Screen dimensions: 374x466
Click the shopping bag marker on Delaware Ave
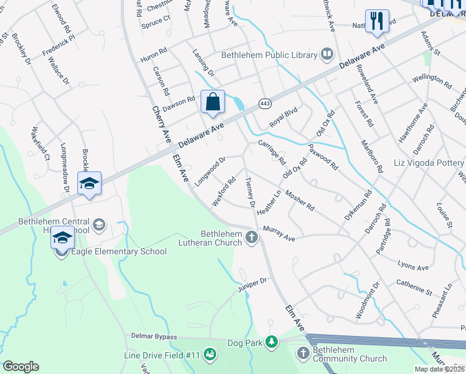(x=212, y=102)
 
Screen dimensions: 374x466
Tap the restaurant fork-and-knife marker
(x=377, y=21)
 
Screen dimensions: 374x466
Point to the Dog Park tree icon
(x=271, y=342)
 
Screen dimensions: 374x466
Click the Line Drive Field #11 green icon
(x=211, y=355)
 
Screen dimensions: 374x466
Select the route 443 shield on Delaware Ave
(x=264, y=103)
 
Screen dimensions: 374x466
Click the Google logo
(x=21, y=366)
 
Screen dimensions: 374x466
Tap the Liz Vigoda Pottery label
(x=429, y=163)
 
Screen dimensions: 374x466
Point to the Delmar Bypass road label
(x=154, y=335)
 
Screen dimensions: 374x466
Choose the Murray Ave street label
(x=278, y=233)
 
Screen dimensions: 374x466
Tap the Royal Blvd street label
(x=283, y=116)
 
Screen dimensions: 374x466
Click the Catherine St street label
(x=414, y=287)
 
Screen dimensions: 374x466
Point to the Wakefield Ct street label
(x=40, y=144)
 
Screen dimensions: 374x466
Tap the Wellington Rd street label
(x=432, y=80)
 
